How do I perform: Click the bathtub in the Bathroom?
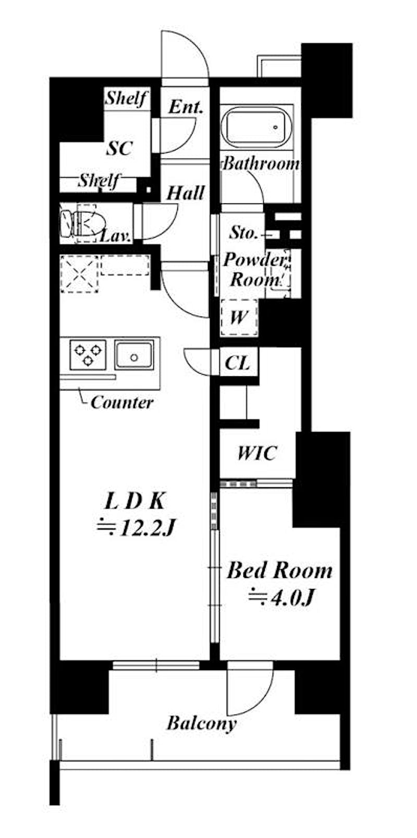[257, 127]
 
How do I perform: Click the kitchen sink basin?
[133, 354]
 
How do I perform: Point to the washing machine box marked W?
[239, 317]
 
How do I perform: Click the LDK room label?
[134, 502]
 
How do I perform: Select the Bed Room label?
[279, 571]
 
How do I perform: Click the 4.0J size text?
[281, 597]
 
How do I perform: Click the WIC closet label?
[257, 453]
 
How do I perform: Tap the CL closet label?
[237, 363]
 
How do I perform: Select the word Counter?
[122, 402]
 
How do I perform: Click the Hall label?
[186, 193]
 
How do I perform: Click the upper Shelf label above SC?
[126, 98]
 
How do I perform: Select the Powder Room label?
[254, 269]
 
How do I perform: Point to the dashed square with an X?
[80, 274]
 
